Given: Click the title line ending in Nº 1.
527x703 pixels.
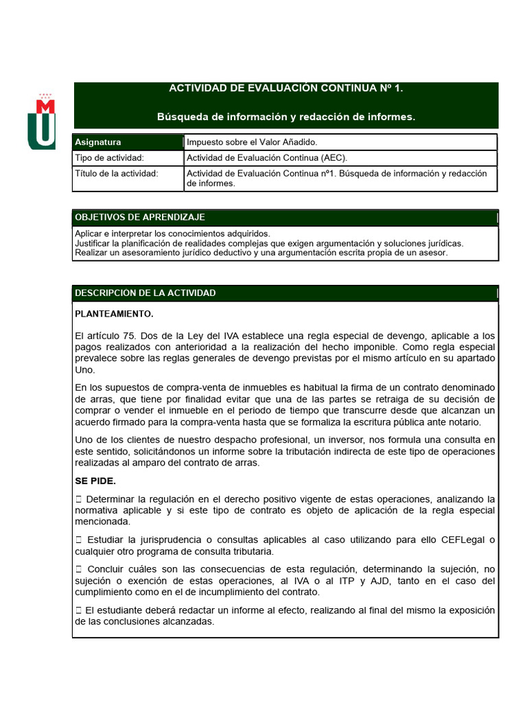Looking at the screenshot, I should (x=286, y=89).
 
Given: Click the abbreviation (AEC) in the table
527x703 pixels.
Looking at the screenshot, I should (x=331, y=158).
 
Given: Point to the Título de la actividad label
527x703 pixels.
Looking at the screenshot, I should (x=116, y=173).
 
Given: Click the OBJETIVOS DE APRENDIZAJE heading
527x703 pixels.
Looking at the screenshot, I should (x=139, y=218).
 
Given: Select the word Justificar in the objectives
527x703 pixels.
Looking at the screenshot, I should (x=93, y=243).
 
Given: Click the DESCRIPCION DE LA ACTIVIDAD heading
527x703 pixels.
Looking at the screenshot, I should (x=145, y=293).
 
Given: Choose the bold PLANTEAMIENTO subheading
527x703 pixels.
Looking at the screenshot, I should (x=114, y=314).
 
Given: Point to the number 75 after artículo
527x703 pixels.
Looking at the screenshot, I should (x=129, y=336).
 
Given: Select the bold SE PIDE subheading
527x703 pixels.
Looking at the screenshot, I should (x=95, y=481).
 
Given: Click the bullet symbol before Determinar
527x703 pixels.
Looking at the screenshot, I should (x=79, y=499).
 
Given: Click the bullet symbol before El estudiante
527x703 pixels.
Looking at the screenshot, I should (x=79, y=610).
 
